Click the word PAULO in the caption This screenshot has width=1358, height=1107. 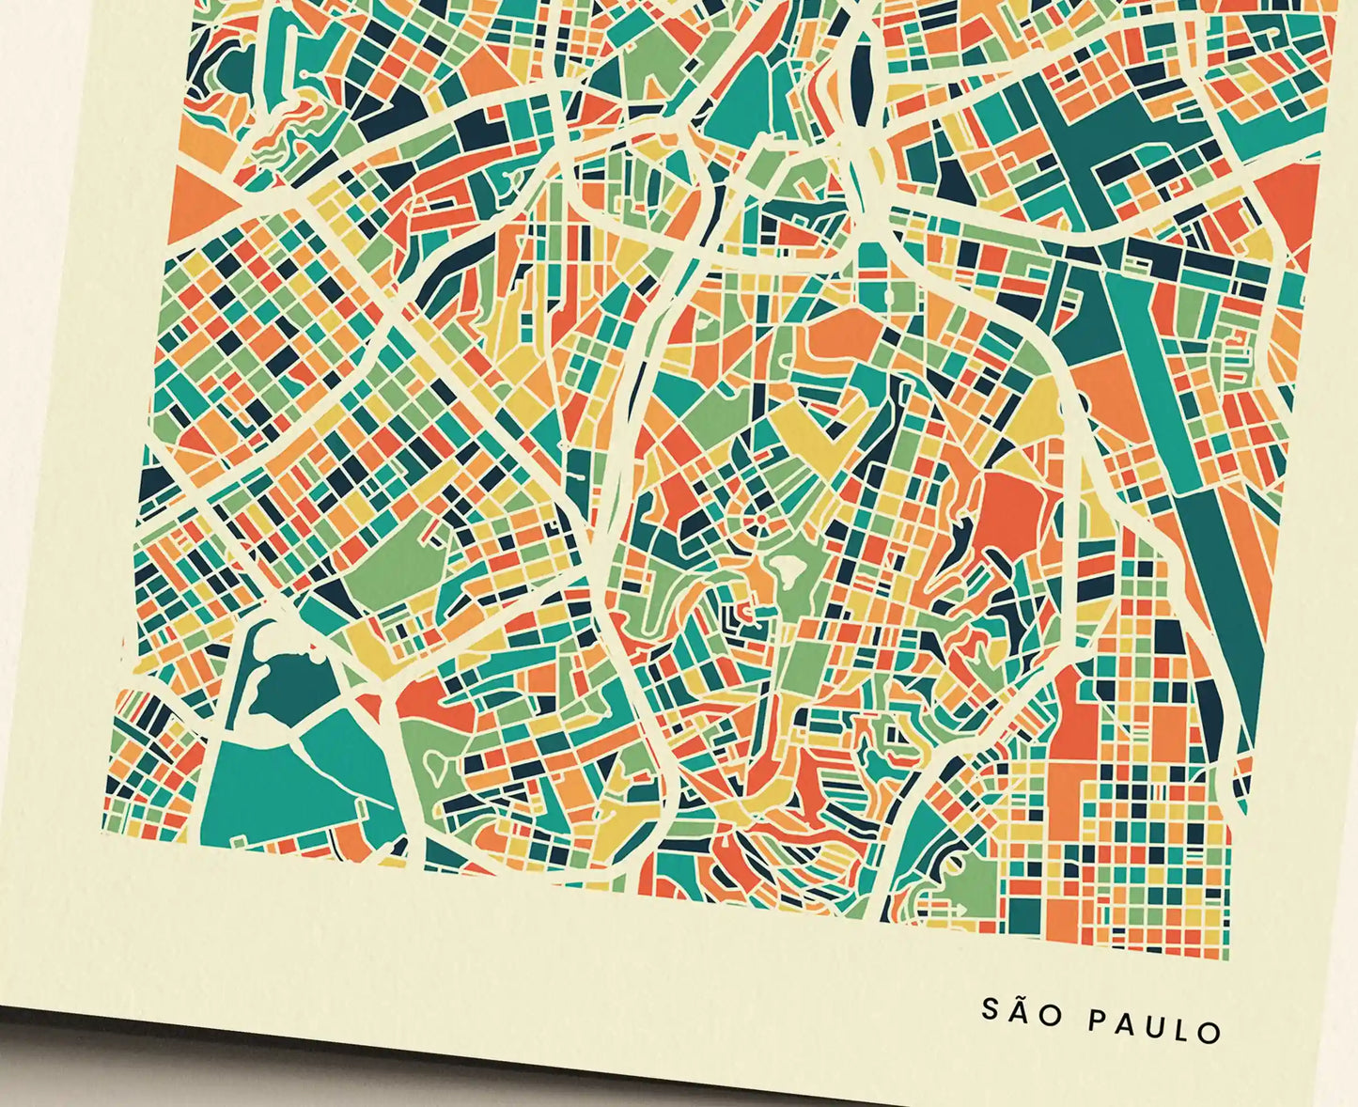tap(1155, 1026)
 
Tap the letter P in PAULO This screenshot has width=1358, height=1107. tap(1097, 1021)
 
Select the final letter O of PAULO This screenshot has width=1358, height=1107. tap(1210, 1032)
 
